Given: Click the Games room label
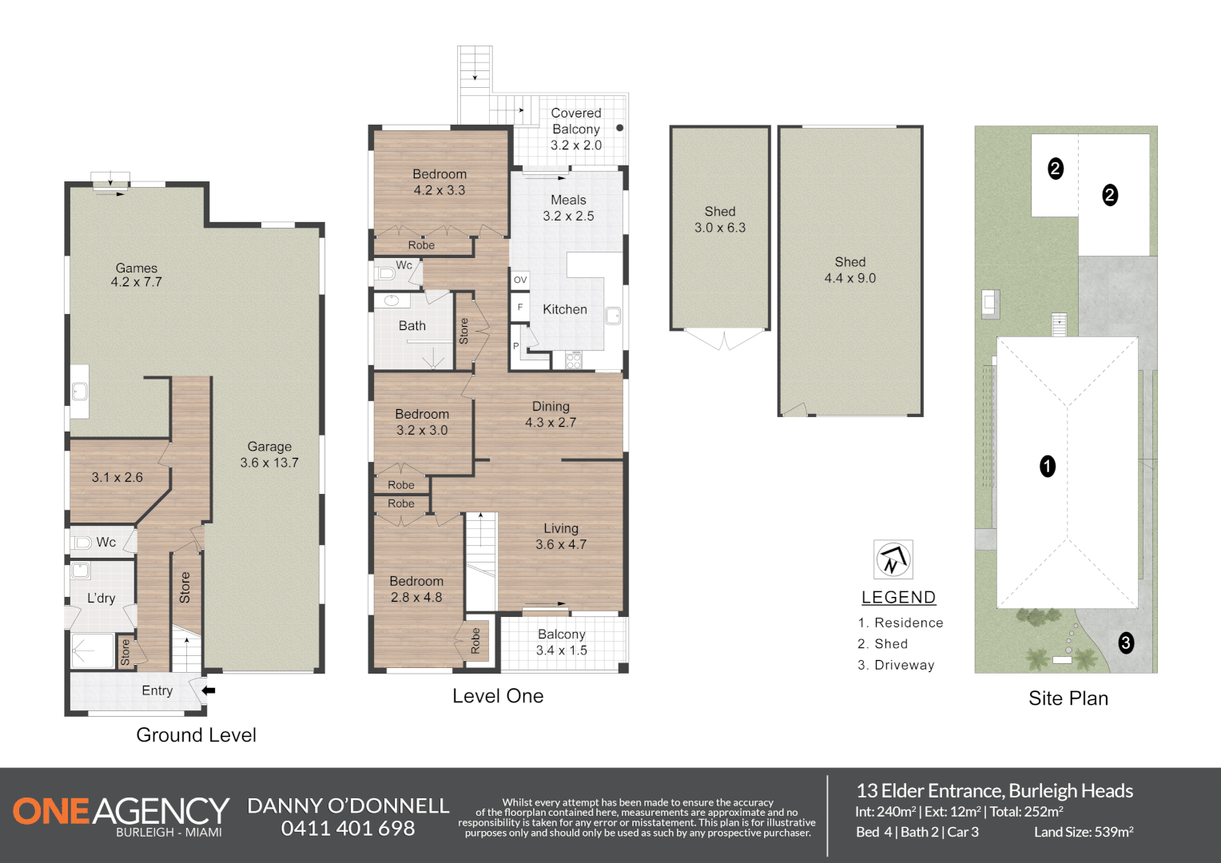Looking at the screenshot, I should click(136, 275).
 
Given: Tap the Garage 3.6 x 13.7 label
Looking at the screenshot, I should click(269, 455).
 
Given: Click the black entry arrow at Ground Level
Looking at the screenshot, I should click(209, 690).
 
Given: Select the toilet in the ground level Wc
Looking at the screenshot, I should click(82, 543).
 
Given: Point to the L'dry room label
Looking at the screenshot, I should click(101, 598).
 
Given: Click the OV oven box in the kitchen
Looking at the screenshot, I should click(520, 280).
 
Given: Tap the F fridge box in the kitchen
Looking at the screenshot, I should click(520, 307).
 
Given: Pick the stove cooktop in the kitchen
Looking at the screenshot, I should click(574, 360).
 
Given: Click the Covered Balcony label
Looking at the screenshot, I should click(576, 129).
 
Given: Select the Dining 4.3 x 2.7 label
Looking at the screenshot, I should click(551, 414).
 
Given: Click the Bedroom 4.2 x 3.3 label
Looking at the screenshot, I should click(439, 182).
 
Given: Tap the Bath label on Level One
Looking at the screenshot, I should click(412, 326).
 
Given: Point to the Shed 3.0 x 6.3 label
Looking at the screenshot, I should click(720, 220).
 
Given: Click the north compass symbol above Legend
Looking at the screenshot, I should click(893, 559).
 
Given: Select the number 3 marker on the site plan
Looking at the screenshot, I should click(1126, 642).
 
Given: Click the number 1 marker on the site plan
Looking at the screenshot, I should click(1048, 466).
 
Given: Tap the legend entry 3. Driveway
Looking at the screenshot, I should click(896, 665).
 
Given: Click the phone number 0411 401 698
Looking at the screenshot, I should click(348, 829).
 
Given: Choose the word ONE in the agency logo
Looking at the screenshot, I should click(51, 811).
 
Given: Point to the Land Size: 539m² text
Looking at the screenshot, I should click(1084, 832).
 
